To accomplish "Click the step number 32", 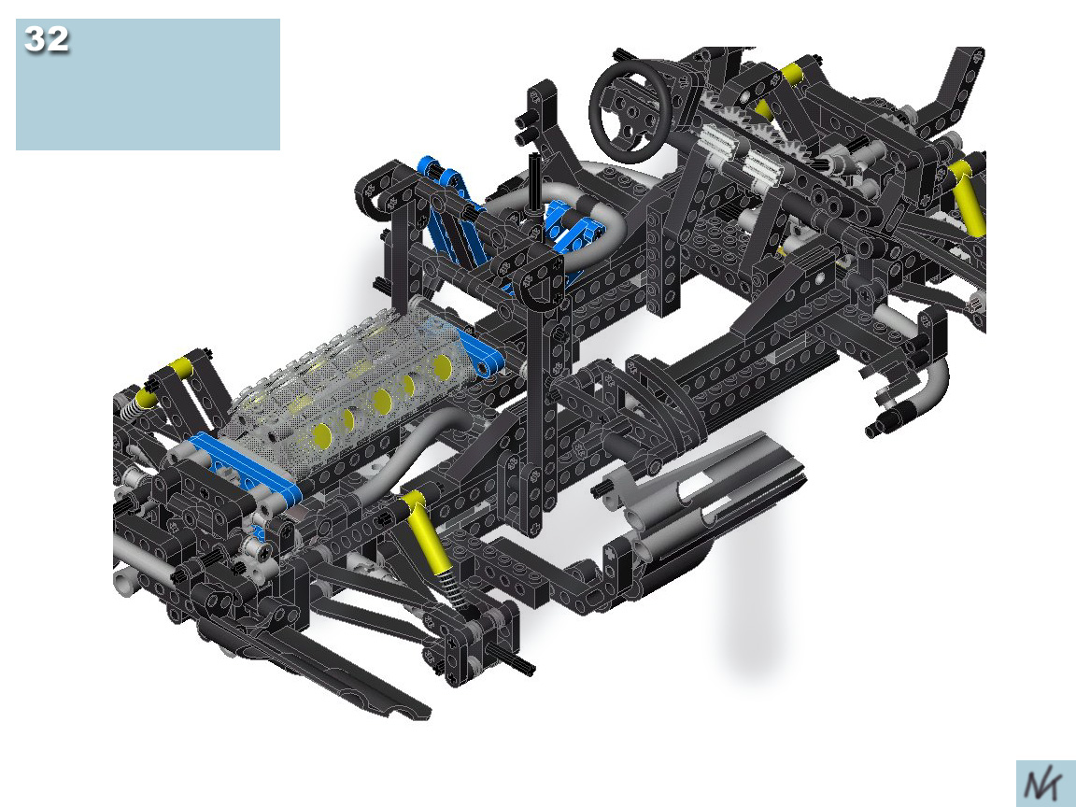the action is [47, 39].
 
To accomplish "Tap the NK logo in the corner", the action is [1043, 784].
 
